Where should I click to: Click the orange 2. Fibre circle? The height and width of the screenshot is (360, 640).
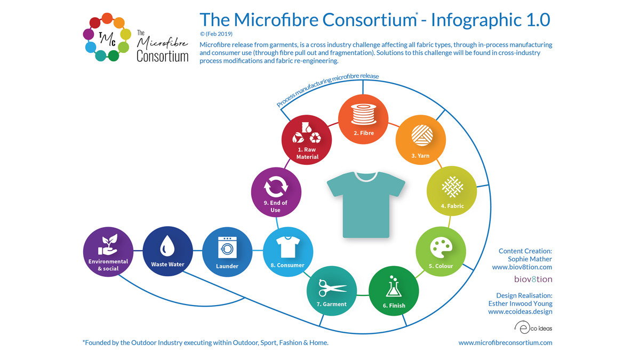[x=363, y=119]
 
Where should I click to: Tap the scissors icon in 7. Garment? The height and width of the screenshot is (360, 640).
[x=333, y=288]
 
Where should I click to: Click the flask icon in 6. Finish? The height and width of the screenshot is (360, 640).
[x=394, y=286]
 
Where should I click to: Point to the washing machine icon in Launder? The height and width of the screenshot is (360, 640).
[x=227, y=247]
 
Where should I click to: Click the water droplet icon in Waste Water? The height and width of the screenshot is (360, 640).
[x=167, y=246]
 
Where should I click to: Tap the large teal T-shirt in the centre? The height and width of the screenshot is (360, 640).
[x=366, y=205]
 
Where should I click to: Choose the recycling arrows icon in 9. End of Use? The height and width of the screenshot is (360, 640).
[x=276, y=186]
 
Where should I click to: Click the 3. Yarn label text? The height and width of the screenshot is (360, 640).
[x=420, y=156]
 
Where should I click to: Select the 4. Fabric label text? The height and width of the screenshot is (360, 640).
[x=452, y=206]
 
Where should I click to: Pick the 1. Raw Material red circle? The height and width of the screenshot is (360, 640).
[x=307, y=140]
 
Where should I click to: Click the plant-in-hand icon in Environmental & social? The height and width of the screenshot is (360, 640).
[x=108, y=245]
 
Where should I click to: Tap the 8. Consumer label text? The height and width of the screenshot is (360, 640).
[x=287, y=265]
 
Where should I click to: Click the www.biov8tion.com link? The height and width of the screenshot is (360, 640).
[x=522, y=267]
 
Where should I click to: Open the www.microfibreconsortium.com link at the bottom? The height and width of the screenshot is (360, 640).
[x=505, y=342]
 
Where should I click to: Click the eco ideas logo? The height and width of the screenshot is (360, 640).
[x=533, y=327]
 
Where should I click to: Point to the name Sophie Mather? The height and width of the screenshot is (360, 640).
[x=530, y=259]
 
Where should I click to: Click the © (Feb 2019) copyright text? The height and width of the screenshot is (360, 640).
[x=216, y=34]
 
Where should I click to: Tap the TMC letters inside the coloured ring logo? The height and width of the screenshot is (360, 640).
[x=107, y=39]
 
